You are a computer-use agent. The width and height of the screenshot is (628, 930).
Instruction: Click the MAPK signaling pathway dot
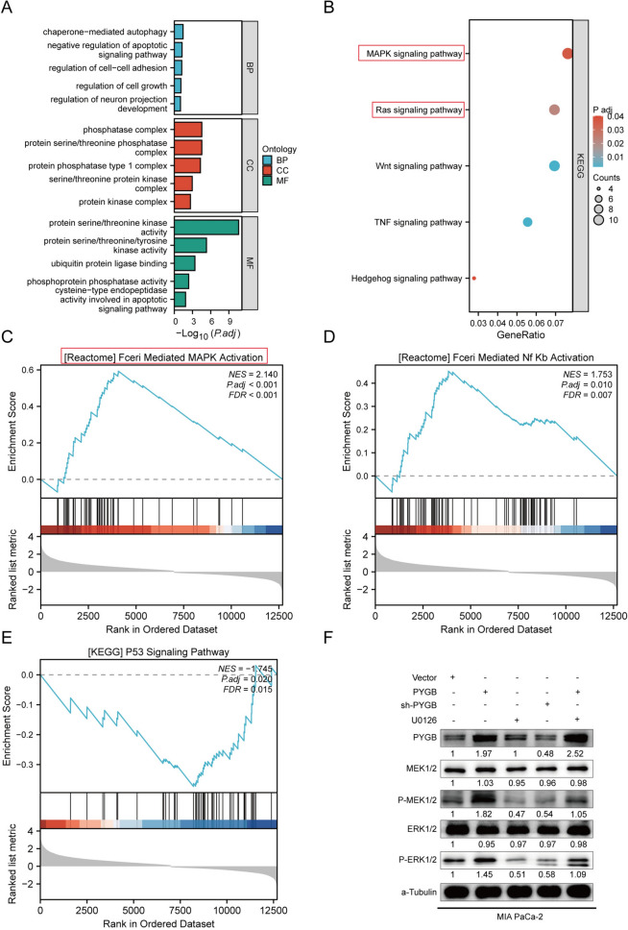[568, 54]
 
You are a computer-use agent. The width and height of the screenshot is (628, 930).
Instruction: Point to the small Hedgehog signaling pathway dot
[473, 279]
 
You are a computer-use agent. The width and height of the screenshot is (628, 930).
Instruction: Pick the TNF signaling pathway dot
[527, 223]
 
